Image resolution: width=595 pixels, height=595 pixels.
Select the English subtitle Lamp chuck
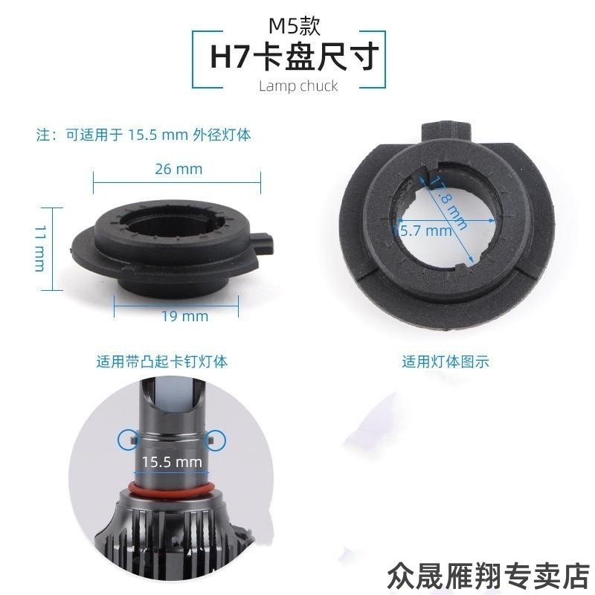[x=297, y=86]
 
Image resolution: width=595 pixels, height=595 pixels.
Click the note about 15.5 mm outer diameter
[x=144, y=135]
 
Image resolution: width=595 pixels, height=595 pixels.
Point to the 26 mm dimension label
[x=178, y=169]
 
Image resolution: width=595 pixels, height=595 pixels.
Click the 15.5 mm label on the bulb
[x=173, y=461]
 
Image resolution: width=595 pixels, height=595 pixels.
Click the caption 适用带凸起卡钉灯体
[x=161, y=362]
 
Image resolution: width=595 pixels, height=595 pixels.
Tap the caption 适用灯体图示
[x=446, y=362]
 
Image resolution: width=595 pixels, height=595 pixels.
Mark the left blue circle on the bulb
[x=127, y=439]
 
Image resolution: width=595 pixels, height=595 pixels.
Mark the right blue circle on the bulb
[x=216, y=439]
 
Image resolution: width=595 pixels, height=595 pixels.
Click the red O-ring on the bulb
[x=172, y=489]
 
